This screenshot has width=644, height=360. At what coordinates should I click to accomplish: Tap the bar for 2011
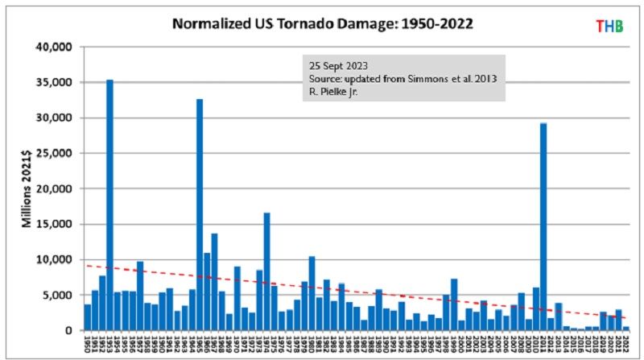point(544,226)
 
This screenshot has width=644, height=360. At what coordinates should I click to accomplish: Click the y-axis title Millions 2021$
point(26,188)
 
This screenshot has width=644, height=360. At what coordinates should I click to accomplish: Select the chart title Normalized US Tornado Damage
point(322,23)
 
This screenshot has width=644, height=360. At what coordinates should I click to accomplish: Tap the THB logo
point(609,26)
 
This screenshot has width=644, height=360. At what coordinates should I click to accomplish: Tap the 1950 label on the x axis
point(88,346)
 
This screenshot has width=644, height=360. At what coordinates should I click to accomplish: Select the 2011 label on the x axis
point(544,346)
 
